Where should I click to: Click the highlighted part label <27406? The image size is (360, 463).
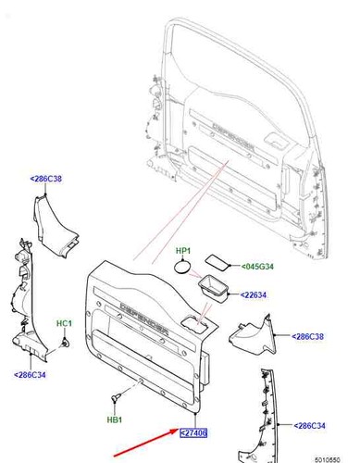(193, 432)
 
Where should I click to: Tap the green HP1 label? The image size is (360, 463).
(183, 251)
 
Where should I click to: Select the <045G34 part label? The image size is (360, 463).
(257, 266)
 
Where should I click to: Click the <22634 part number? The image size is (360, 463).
(254, 294)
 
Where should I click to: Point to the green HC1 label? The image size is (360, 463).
(64, 323)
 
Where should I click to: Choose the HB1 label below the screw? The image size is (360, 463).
(115, 419)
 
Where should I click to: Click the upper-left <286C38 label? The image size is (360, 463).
(46, 179)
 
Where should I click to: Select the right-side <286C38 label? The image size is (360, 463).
(307, 336)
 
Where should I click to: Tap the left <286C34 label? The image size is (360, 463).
(30, 375)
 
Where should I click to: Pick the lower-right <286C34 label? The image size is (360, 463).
(309, 426)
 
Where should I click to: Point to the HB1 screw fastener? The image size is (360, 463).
(116, 397)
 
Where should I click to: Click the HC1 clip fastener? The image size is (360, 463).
(66, 343)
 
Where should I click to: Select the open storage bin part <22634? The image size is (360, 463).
(214, 289)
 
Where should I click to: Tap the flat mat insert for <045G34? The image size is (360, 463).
(217, 262)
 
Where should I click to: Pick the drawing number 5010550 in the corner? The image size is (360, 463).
(328, 459)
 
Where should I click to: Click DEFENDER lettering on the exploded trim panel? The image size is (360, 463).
(144, 319)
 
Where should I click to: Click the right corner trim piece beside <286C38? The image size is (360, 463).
(253, 336)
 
